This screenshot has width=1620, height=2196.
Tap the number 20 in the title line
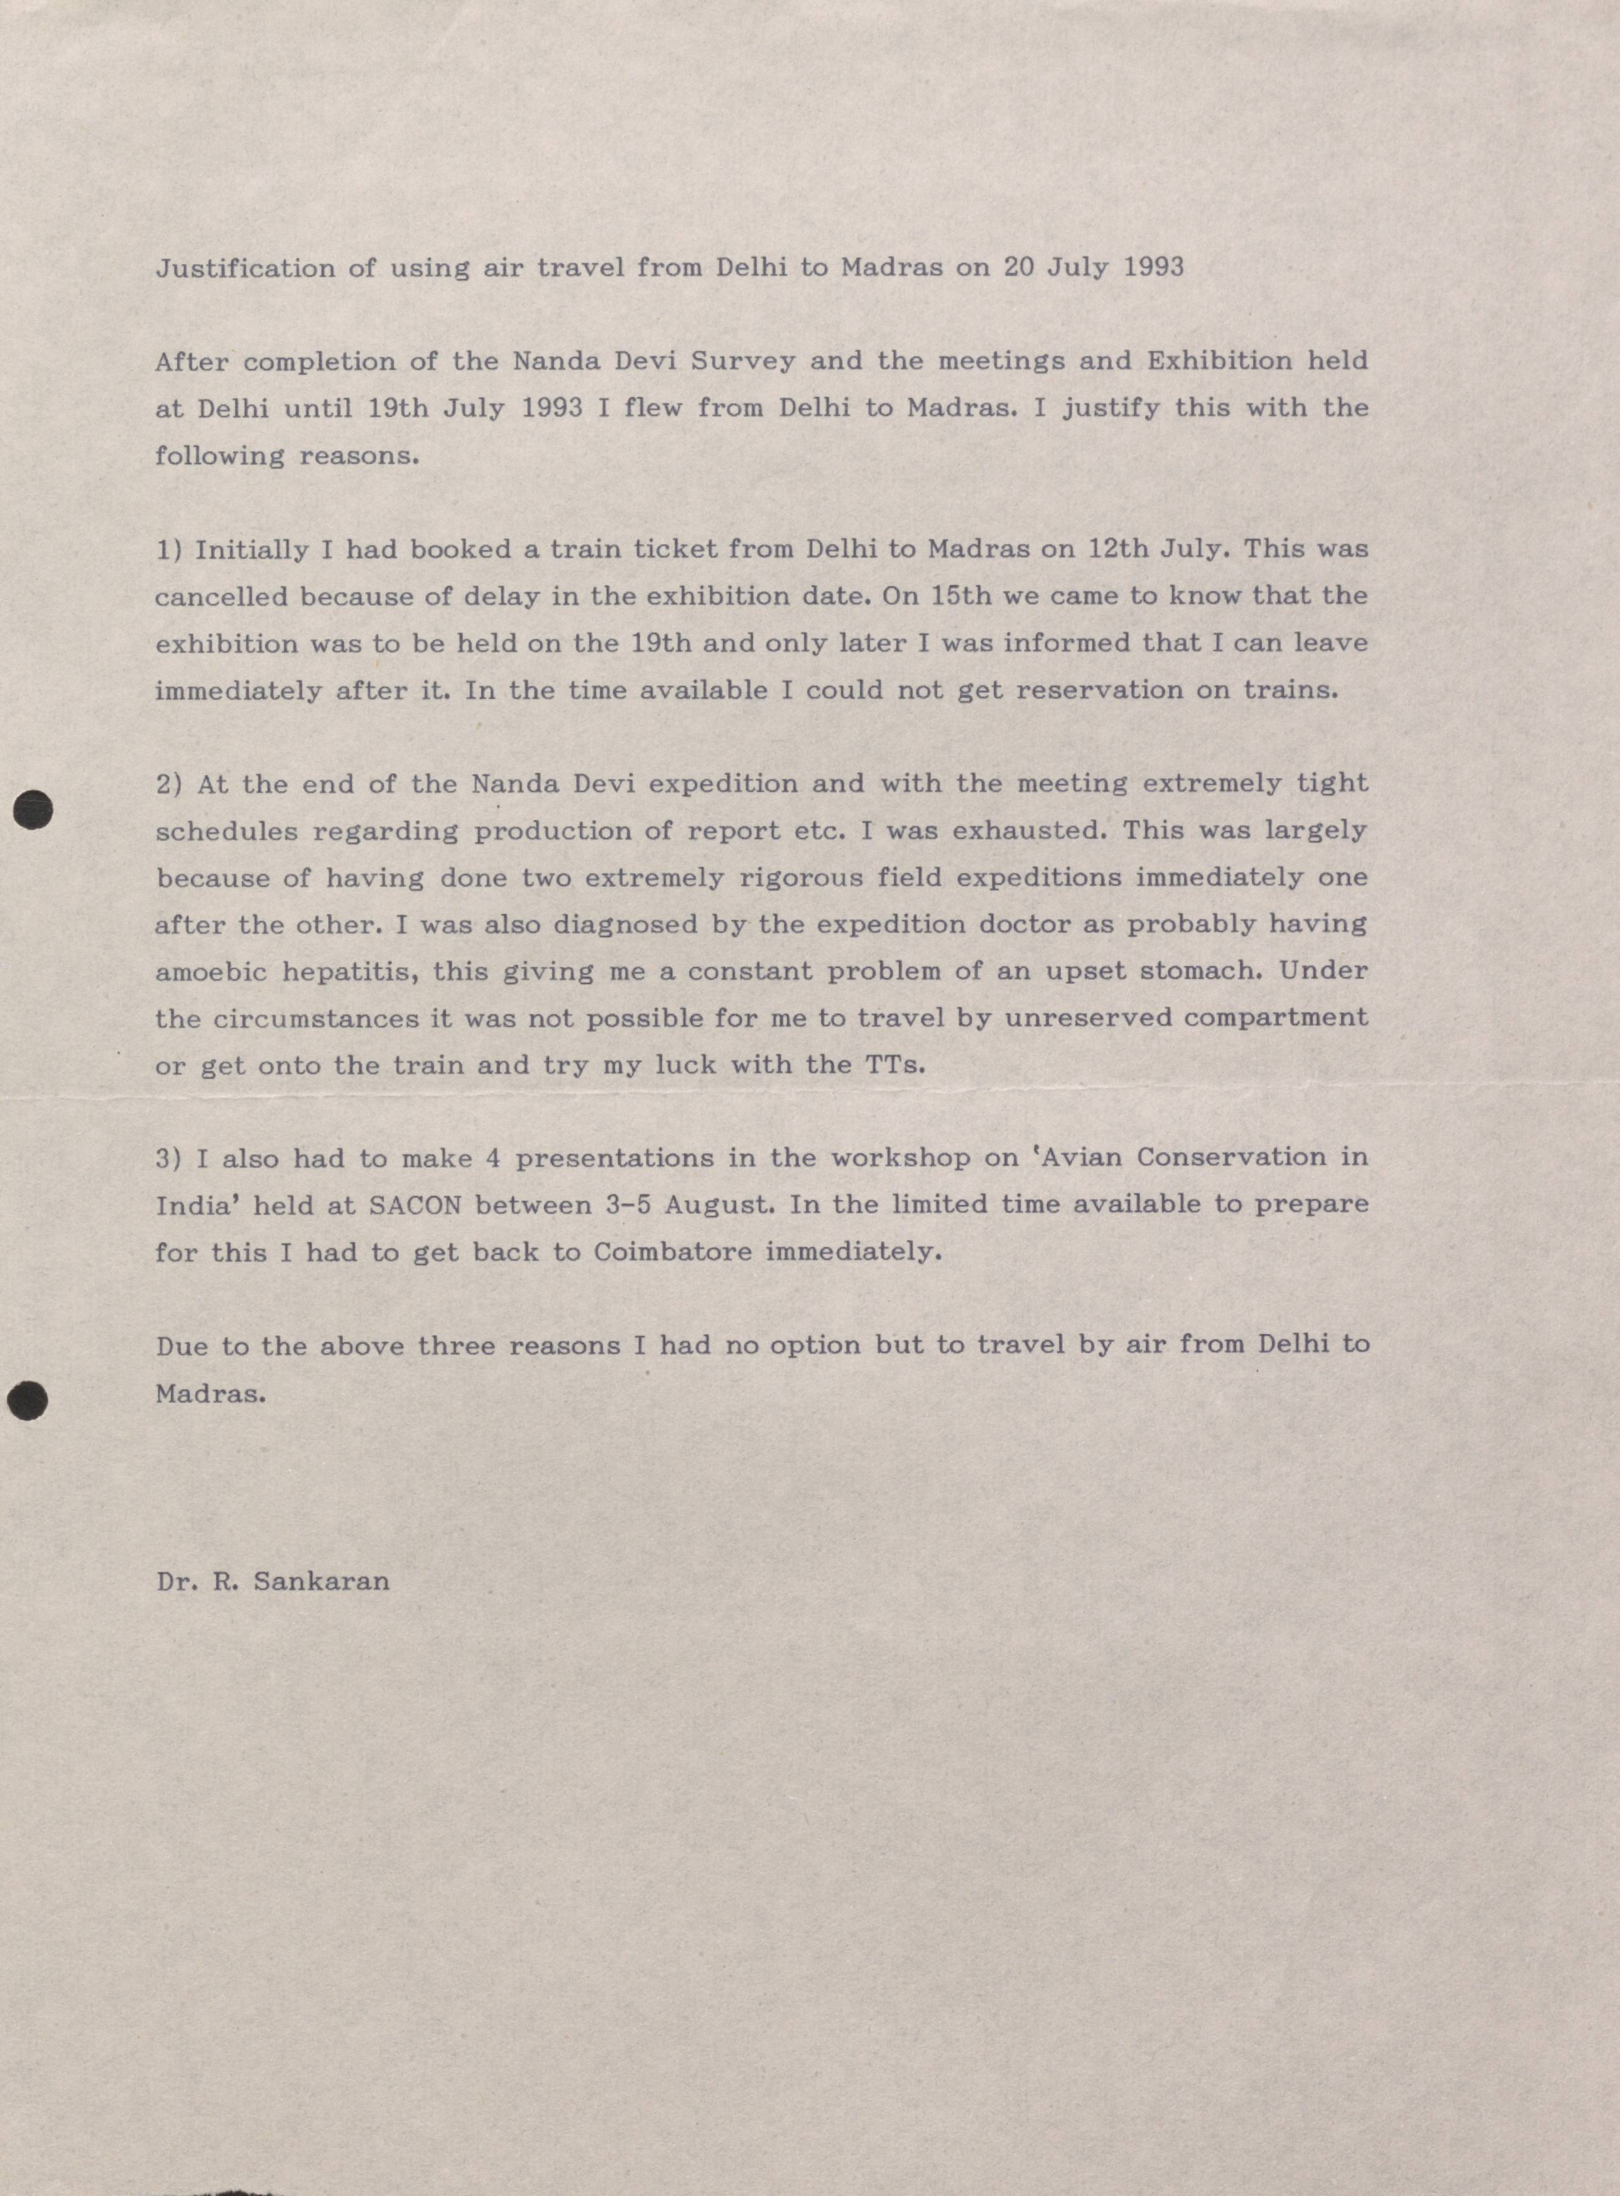tap(1020, 267)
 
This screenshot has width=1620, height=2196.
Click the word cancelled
tap(220, 597)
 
